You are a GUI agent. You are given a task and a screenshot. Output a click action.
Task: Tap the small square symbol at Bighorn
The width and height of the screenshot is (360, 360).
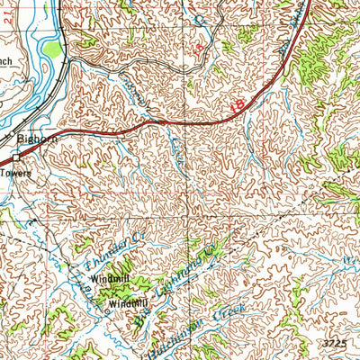[x=14, y=156]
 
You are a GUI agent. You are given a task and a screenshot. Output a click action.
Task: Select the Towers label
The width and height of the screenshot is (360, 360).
[x=15, y=172]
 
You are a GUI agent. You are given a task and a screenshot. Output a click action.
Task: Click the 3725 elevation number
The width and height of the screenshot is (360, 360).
[x=334, y=346]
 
